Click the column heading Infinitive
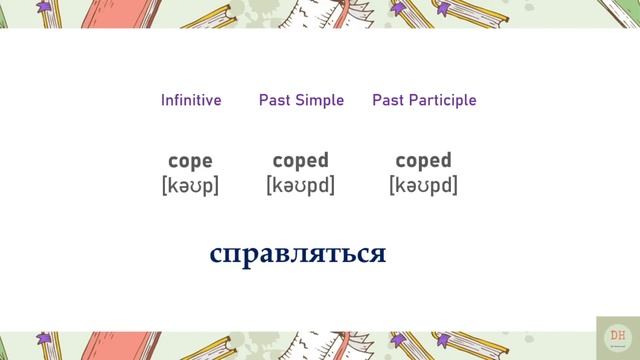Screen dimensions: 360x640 pyautogui.click(x=191, y=100)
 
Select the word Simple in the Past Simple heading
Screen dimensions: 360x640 pyautogui.click(x=320, y=100)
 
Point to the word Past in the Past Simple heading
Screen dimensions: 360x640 pyautogui.click(x=275, y=100)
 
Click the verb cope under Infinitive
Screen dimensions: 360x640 pyautogui.click(x=190, y=161)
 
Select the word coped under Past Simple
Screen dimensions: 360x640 pyautogui.click(x=300, y=161)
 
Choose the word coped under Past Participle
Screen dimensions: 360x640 pyautogui.click(x=423, y=161)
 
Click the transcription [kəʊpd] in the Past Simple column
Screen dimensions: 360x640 pyautogui.click(x=300, y=186)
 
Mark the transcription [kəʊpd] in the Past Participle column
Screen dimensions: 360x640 pyautogui.click(x=423, y=186)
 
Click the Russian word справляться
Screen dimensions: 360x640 pyautogui.click(x=297, y=254)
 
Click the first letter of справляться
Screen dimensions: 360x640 pyautogui.click(x=217, y=254)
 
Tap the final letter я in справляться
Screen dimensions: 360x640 pyautogui.click(x=377, y=254)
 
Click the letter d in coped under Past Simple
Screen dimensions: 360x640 pyautogui.click(x=322, y=161)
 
